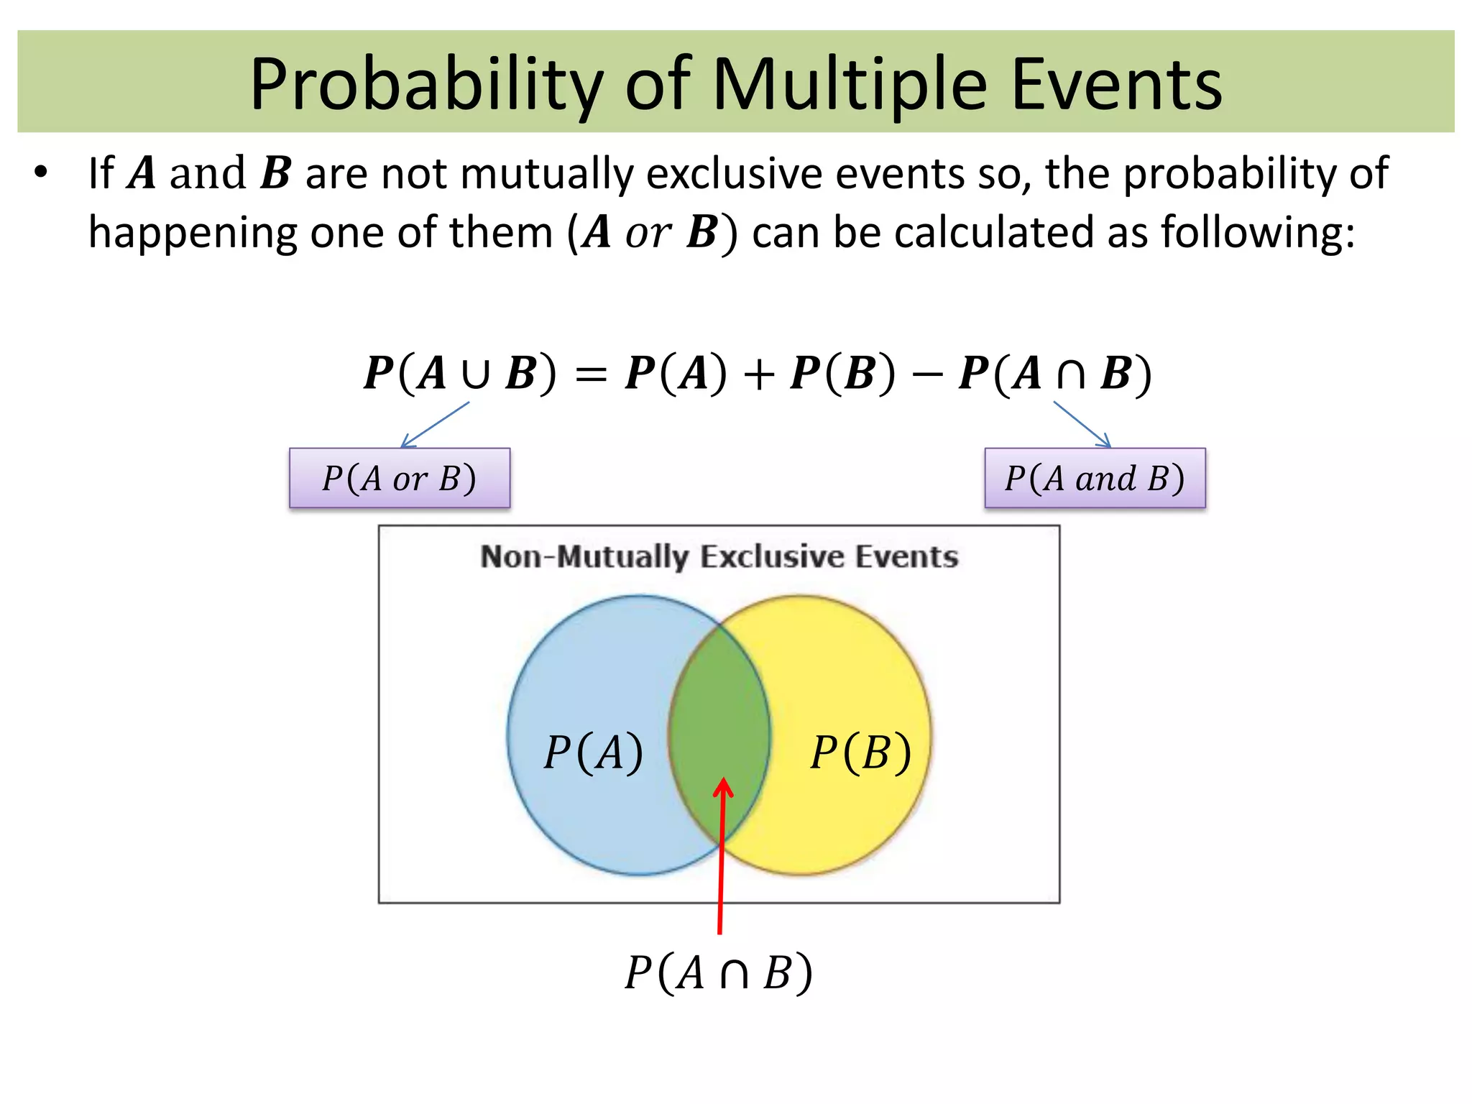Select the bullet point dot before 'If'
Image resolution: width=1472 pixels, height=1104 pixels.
click(x=41, y=173)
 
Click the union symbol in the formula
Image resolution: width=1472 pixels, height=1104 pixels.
click(x=476, y=374)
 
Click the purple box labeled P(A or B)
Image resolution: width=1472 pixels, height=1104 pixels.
click(x=400, y=478)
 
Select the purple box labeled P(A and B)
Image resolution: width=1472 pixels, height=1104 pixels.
click(x=1095, y=478)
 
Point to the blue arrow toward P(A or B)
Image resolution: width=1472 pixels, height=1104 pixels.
click(x=435, y=425)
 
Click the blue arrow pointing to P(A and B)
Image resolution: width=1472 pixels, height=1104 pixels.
click(x=1082, y=424)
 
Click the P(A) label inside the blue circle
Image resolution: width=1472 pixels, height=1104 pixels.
click(x=593, y=753)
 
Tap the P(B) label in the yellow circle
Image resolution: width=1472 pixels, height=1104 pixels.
click(x=860, y=753)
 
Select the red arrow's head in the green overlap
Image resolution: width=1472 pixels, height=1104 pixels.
click(x=723, y=788)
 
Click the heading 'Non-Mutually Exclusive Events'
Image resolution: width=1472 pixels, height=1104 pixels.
click(x=719, y=557)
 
